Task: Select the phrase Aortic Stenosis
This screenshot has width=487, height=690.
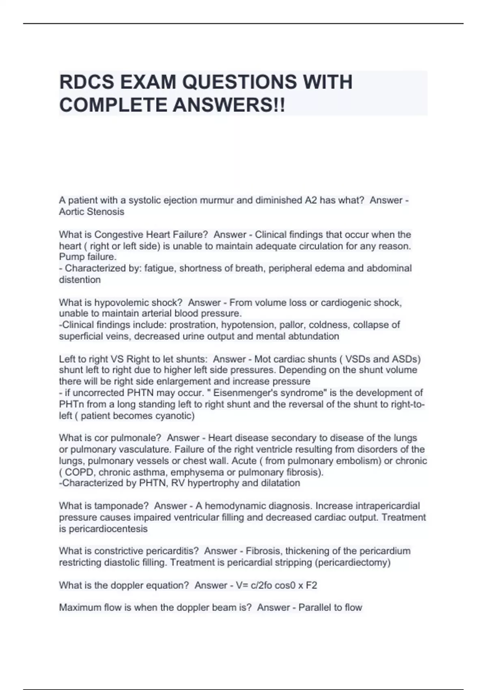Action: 92,211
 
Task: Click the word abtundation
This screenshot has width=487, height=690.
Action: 313,336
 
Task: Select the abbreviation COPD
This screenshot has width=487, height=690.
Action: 79,472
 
